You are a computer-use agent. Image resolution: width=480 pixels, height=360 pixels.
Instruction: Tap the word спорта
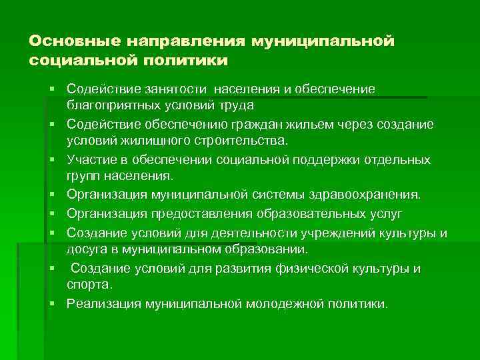[89, 285]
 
